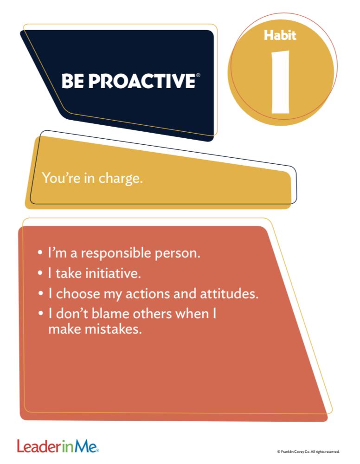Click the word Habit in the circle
pyautogui.click(x=280, y=35)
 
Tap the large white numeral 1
pyautogui.click(x=281, y=82)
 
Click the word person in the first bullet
pyautogui.click(x=177, y=253)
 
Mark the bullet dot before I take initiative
pyautogui.click(x=41, y=273)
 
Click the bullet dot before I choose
pyautogui.click(x=41, y=294)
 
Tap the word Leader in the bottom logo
pyautogui.click(x=39, y=446)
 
